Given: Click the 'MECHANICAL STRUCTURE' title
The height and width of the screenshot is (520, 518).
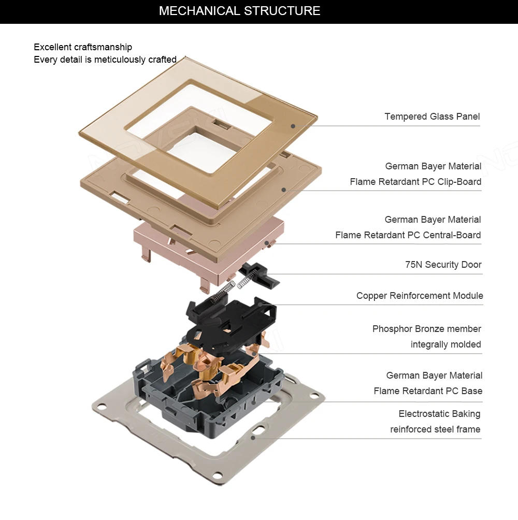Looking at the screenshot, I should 239,11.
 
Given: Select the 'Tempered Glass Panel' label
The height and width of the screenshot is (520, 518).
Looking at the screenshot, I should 432,117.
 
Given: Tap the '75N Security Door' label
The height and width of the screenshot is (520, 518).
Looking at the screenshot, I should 443,265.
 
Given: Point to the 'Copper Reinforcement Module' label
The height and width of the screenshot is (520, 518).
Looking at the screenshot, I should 420,296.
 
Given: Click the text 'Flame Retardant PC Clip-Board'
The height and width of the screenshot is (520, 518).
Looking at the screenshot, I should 415,182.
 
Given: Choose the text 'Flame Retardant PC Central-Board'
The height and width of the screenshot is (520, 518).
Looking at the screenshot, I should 408,235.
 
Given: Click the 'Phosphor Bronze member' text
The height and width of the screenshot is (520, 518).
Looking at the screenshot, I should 427,329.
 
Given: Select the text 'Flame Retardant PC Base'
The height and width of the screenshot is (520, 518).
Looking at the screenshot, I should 428,391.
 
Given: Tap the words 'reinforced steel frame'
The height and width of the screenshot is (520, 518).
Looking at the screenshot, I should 435,429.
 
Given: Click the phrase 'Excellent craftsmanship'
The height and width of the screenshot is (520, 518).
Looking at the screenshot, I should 83,47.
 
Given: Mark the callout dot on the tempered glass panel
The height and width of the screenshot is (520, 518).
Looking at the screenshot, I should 293,125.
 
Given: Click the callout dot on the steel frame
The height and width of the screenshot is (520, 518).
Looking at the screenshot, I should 253,438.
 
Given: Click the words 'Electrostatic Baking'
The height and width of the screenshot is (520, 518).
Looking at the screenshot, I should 439,414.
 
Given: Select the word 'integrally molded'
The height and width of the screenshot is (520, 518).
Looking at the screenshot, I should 445,344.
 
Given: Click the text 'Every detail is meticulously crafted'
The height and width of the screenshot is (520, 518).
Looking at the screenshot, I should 105,60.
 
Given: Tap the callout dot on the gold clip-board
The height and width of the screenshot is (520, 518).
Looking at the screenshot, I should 284,190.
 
